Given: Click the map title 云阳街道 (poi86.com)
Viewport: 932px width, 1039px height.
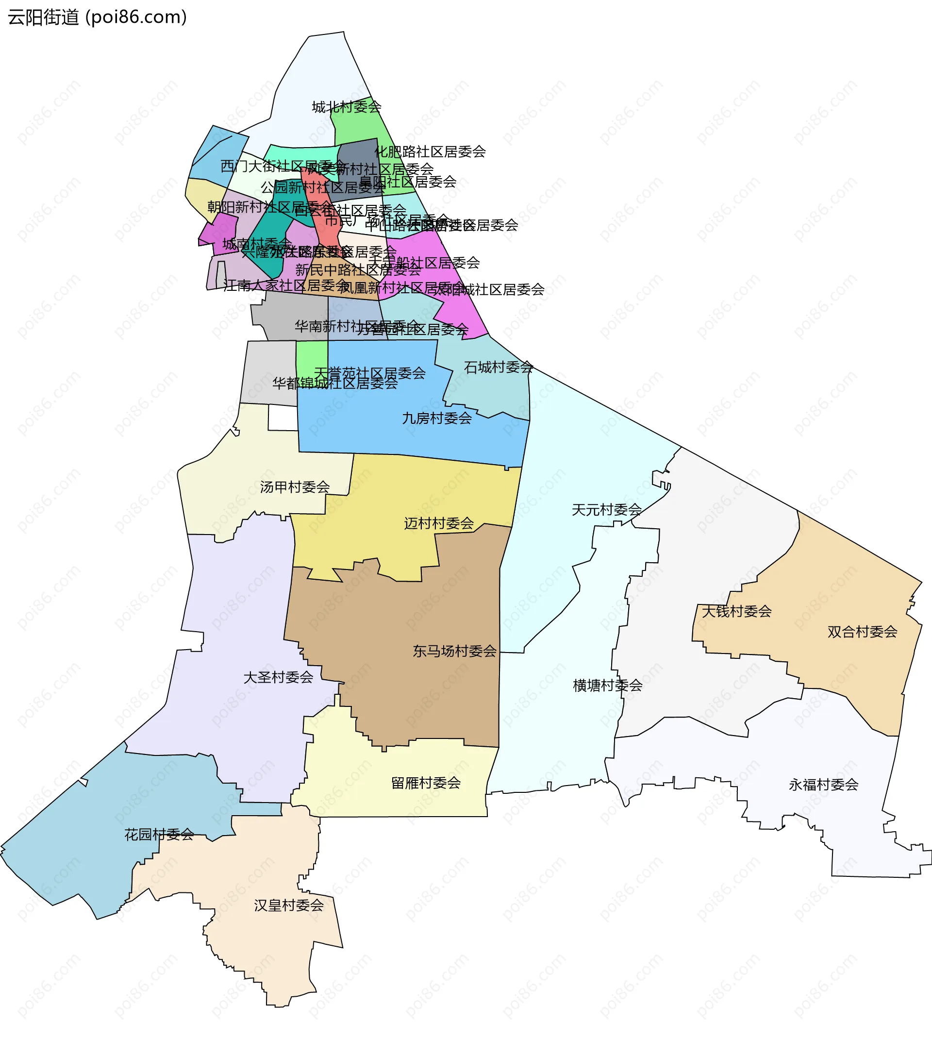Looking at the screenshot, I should pyautogui.click(x=97, y=17).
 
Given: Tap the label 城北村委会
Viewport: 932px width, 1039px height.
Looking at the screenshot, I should pyautogui.click(x=347, y=107).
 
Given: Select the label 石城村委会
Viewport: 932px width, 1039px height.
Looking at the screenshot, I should pyautogui.click(x=498, y=367).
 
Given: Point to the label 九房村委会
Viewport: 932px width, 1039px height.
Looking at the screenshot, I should pyautogui.click(x=437, y=419).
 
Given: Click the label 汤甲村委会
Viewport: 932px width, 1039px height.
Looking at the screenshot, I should pyautogui.click(x=295, y=486).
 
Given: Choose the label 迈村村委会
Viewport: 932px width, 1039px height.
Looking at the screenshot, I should pyautogui.click(x=439, y=523).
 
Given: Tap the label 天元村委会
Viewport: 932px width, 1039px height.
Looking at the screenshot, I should pyautogui.click(x=606, y=509).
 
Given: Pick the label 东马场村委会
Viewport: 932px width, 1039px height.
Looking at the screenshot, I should pyautogui.click(x=455, y=651).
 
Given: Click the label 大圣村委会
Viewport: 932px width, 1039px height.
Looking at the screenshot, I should pyautogui.click(x=278, y=677).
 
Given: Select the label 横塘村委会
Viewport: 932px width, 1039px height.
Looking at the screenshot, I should pyautogui.click(x=607, y=685).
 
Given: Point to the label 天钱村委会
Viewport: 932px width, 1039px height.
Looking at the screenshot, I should pyautogui.click(x=736, y=611).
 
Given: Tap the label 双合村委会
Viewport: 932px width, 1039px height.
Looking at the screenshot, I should pyautogui.click(x=863, y=632).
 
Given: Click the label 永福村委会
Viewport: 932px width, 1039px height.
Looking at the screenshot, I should pyautogui.click(x=823, y=785).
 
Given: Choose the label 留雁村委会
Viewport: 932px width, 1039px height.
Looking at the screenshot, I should pyautogui.click(x=426, y=783).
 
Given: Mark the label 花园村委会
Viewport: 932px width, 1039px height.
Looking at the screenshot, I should pyautogui.click(x=159, y=835).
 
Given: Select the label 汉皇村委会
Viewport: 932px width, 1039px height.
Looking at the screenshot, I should pyautogui.click(x=289, y=905).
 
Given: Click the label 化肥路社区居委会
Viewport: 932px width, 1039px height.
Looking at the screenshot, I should pyautogui.click(x=430, y=151).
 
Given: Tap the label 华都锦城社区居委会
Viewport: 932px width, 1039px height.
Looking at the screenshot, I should pyautogui.click(x=335, y=383).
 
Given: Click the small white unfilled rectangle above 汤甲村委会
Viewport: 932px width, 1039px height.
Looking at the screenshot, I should pyautogui.click(x=283, y=418).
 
